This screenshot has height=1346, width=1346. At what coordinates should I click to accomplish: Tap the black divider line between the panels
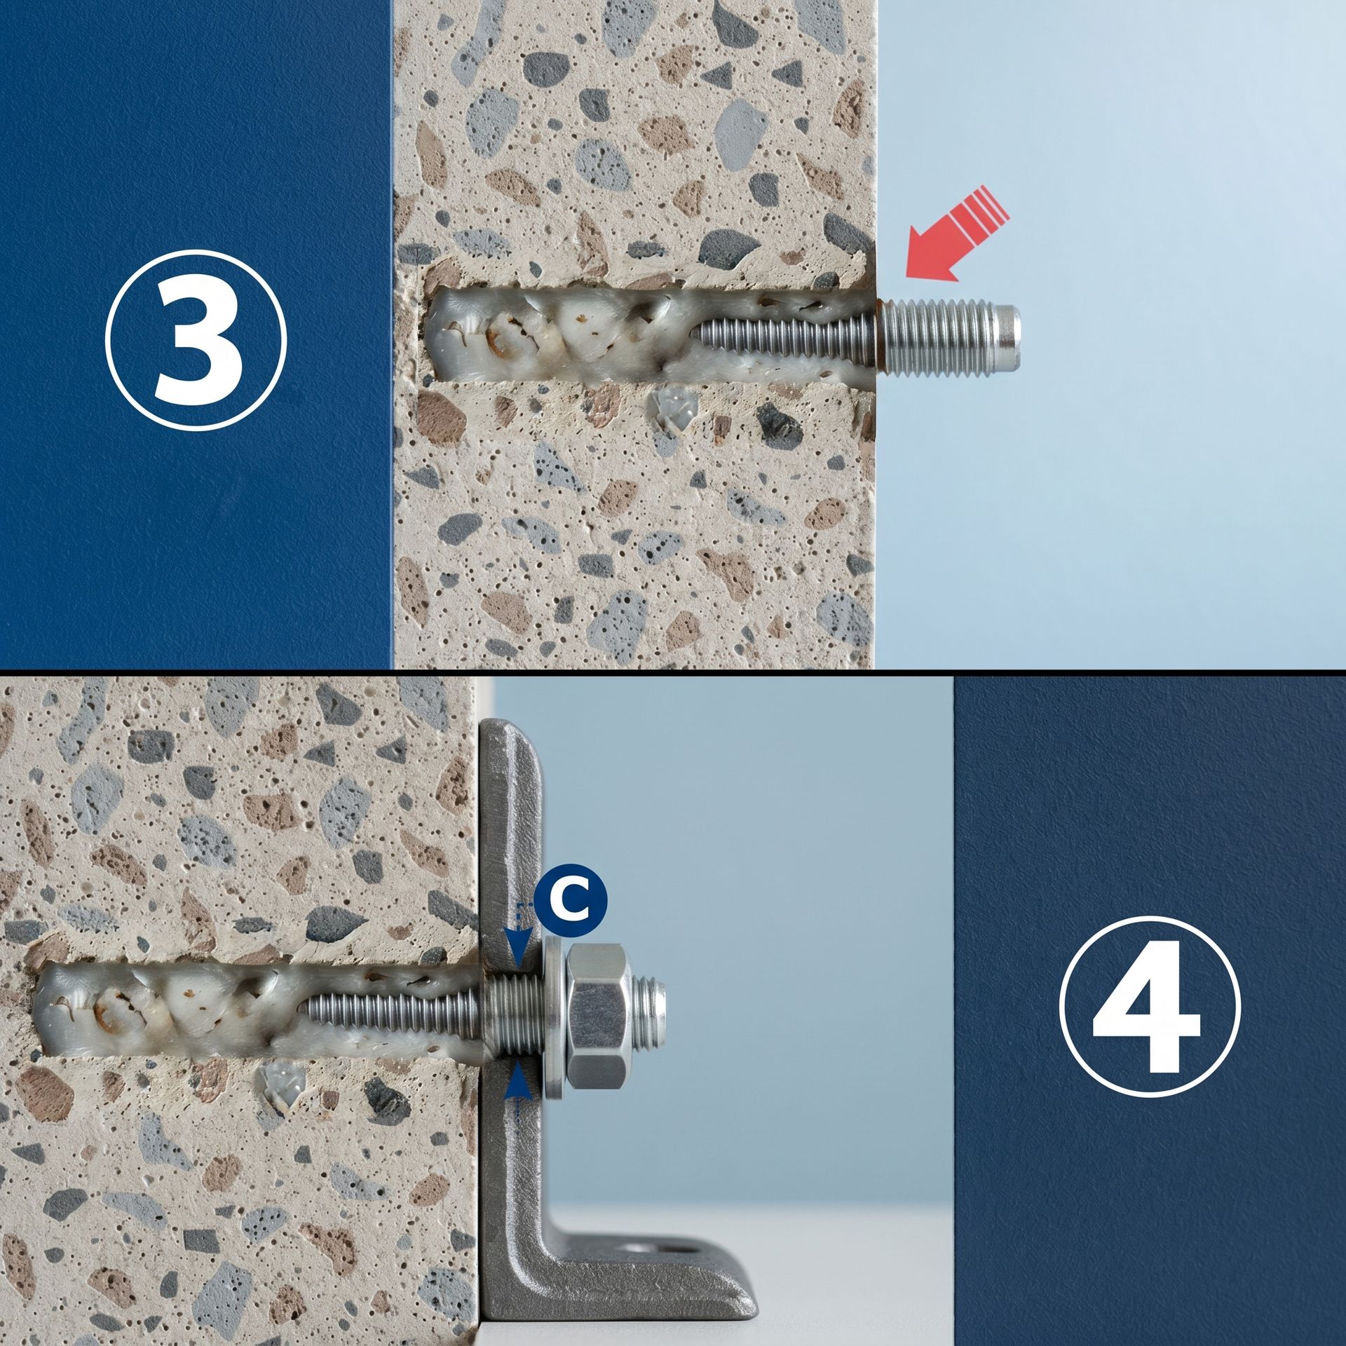pyautogui.click(x=673, y=672)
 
